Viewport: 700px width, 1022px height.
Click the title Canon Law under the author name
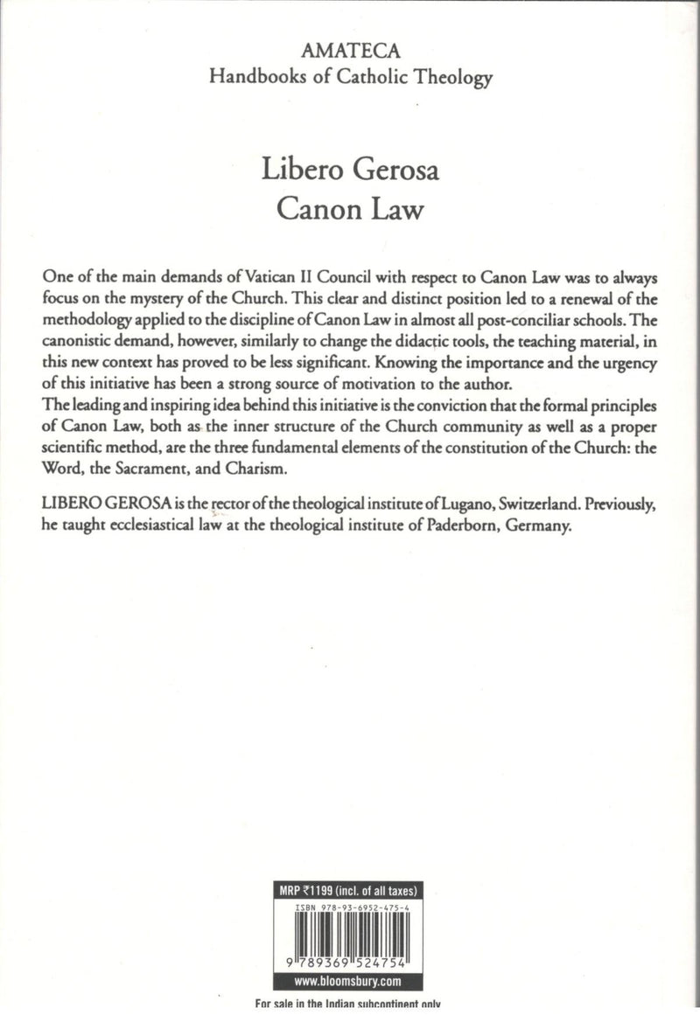(x=349, y=213)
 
